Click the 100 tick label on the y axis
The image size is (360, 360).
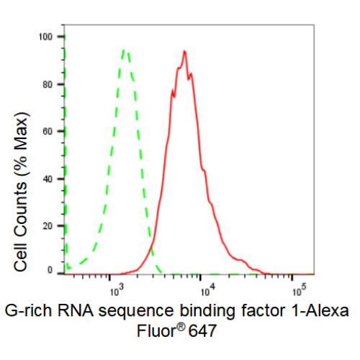click(x=45, y=37)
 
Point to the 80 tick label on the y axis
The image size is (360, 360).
click(x=48, y=84)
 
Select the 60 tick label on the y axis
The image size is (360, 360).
click(x=48, y=132)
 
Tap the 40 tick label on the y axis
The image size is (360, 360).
click(x=48, y=179)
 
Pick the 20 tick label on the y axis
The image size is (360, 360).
click(x=48, y=226)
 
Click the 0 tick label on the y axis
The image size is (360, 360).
click(x=50, y=270)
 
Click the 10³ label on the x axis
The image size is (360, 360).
click(x=117, y=291)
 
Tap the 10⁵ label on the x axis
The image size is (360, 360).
click(x=300, y=291)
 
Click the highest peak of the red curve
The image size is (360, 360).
click(x=184, y=51)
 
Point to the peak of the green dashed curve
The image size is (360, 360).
click(x=124, y=50)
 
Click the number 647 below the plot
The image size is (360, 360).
click(x=202, y=331)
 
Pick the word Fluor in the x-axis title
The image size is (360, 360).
click(x=157, y=330)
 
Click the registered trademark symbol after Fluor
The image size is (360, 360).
click(x=181, y=327)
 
